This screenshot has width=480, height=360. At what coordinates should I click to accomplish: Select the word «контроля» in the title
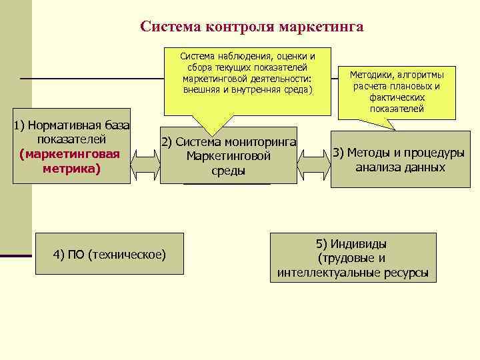[242, 27]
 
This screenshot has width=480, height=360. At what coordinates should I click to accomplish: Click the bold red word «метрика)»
[71, 169]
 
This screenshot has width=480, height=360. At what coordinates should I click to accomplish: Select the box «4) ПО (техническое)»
[109, 254]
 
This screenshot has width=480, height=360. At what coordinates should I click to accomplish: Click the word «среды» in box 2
[228, 171]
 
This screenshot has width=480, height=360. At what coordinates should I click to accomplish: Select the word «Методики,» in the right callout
[373, 75]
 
